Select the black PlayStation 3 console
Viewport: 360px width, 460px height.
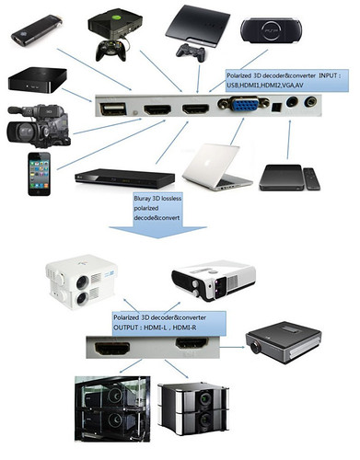pyautogui.click(x=197, y=25)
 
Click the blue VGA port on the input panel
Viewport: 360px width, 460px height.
pyautogui.click(x=236, y=109)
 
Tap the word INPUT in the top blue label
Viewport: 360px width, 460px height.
pyautogui.click(x=318, y=75)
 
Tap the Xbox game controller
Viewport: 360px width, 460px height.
pyautogui.click(x=114, y=49)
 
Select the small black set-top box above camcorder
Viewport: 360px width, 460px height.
pyautogui.click(x=37, y=81)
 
